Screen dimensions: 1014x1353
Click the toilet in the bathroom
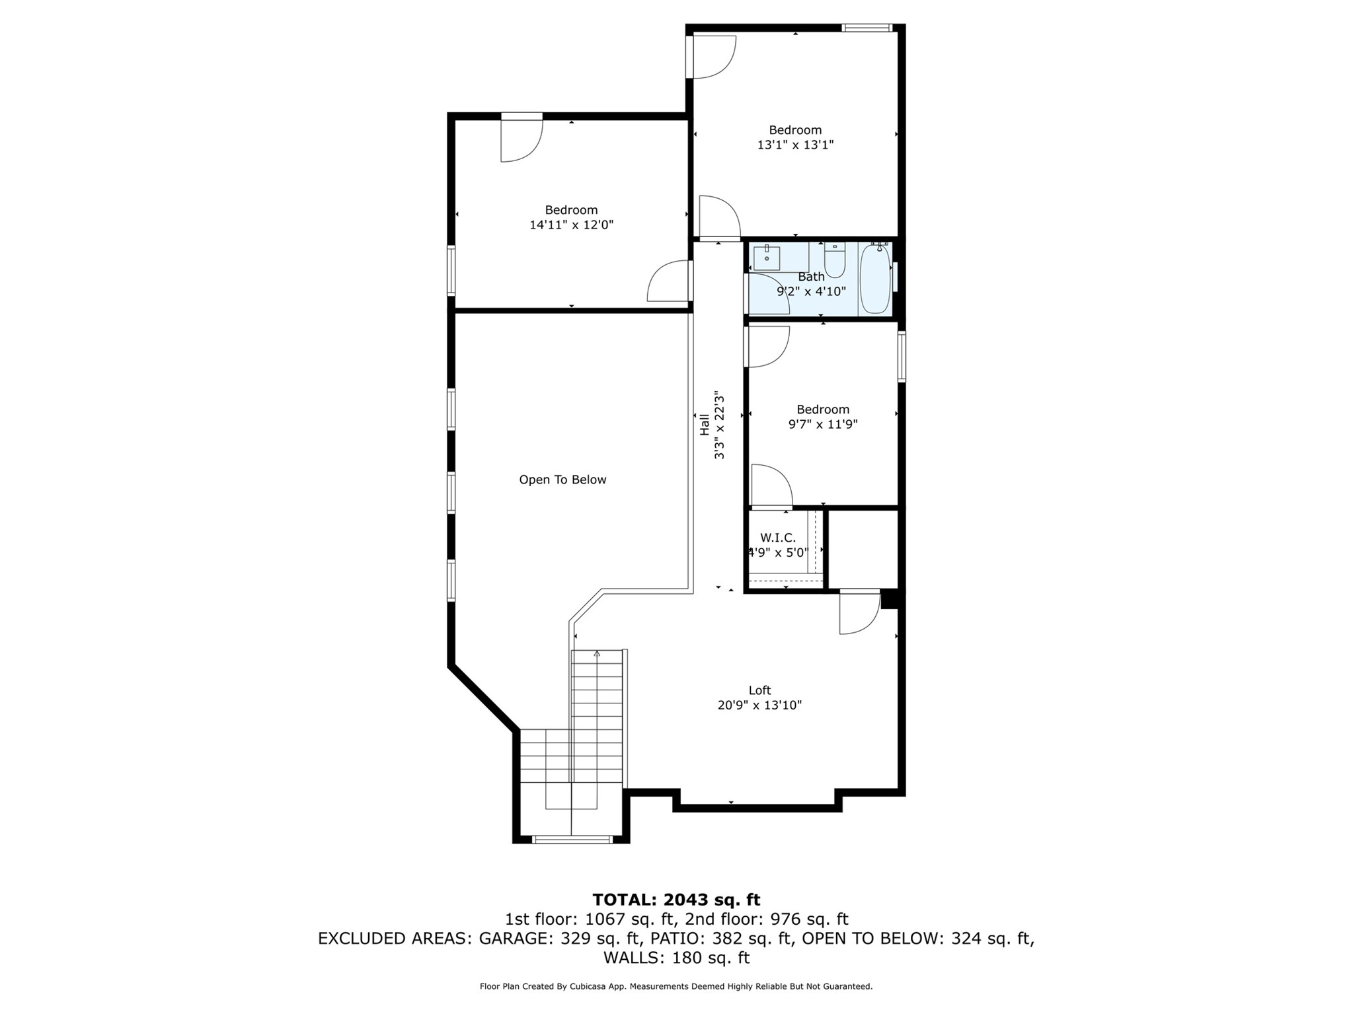pyautogui.click(x=835, y=262)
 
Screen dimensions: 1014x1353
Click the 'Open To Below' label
pyautogui.click(x=562, y=480)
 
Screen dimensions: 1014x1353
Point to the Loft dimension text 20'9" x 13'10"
pyautogui.click(x=759, y=705)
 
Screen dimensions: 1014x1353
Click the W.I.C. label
pyautogui.click(x=778, y=538)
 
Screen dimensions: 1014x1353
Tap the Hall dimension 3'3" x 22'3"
pyautogui.click(x=719, y=425)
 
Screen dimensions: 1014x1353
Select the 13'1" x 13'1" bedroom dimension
pyautogui.click(x=795, y=145)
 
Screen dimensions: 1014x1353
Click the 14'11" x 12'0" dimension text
pyautogui.click(x=571, y=225)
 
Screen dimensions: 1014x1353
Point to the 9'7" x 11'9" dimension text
pyautogui.click(x=823, y=424)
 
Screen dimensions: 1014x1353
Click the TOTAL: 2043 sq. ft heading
pyautogui.click(x=676, y=900)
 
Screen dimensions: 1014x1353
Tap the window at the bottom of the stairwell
pyautogui.click(x=572, y=840)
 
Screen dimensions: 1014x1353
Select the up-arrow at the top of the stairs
pyautogui.click(x=597, y=654)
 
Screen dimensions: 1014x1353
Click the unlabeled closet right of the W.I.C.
pyautogui.click(x=863, y=548)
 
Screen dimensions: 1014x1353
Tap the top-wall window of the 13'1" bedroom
pyautogui.click(x=867, y=28)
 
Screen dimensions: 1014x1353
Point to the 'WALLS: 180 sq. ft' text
pyautogui.click(x=676, y=958)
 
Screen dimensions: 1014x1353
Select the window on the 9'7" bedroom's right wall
pyautogui.click(x=902, y=357)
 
